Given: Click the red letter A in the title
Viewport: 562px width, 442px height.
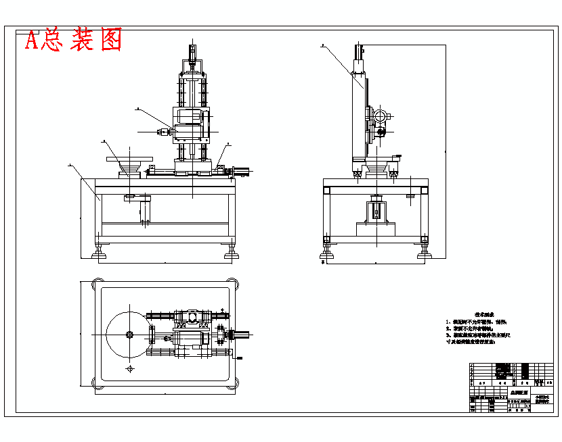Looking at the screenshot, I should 32,41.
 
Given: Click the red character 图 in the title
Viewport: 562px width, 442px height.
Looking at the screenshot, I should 108,40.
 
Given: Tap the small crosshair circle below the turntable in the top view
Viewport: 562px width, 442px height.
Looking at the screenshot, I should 129,369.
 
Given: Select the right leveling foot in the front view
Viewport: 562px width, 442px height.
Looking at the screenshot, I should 231,253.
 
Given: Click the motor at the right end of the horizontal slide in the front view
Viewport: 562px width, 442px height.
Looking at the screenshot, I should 243,172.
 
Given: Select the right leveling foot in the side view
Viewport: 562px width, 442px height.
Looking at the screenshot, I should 425,253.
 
